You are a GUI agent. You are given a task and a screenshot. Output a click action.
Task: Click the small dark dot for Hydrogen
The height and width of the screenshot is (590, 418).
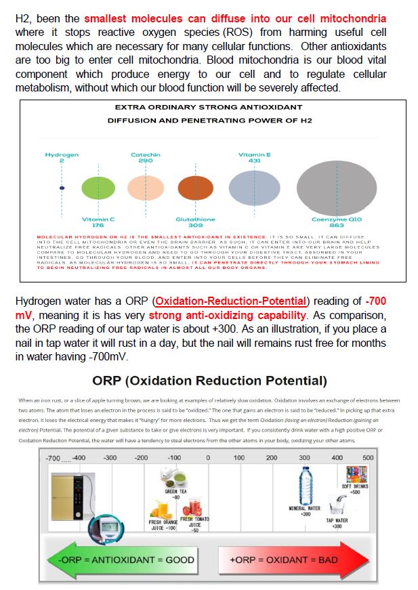point(62,187)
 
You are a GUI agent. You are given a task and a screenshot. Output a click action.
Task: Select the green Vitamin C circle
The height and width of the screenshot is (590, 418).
point(98,188)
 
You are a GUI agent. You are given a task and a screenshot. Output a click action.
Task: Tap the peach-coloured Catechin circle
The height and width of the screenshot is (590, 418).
point(146,188)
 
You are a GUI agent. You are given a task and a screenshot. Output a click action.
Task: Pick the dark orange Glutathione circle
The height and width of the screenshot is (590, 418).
point(195,188)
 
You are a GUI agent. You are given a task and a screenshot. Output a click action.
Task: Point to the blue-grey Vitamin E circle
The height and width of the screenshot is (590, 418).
point(254,188)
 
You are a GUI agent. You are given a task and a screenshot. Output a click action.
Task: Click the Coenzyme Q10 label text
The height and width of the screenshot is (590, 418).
point(337,222)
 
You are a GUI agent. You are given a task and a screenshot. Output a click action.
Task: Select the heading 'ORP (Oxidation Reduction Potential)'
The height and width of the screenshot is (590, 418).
point(209,381)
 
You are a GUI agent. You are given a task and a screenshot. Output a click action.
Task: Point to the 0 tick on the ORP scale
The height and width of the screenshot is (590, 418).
point(208,458)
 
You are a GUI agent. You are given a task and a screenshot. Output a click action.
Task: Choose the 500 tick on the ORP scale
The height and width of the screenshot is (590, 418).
point(367,458)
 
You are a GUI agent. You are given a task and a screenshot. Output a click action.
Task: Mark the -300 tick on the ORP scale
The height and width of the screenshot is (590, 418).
point(110,458)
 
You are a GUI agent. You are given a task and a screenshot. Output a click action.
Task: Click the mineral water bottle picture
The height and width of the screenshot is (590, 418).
point(305,486)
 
